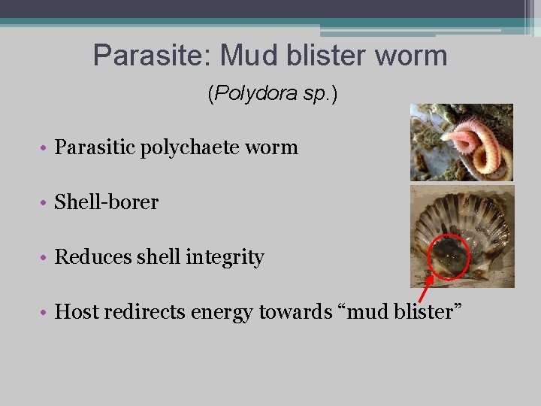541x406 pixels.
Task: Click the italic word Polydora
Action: point(243,94)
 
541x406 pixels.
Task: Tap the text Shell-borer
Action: point(106,202)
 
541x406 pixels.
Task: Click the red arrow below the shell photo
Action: point(426,288)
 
